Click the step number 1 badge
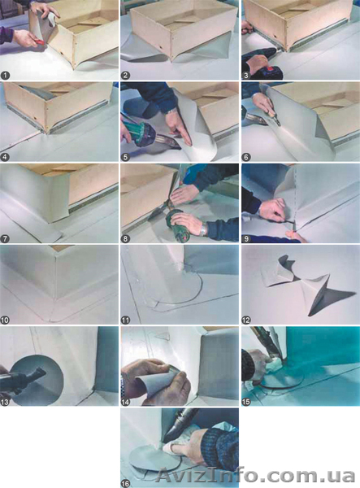pos(6,75)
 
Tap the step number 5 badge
pos(125,157)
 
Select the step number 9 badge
pos(246,238)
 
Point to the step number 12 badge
pos(246,320)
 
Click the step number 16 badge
pos(126,484)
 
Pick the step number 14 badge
pos(126,402)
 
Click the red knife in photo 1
pos(38,41)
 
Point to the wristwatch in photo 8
pos(203,229)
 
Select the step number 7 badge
pos(6,238)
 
